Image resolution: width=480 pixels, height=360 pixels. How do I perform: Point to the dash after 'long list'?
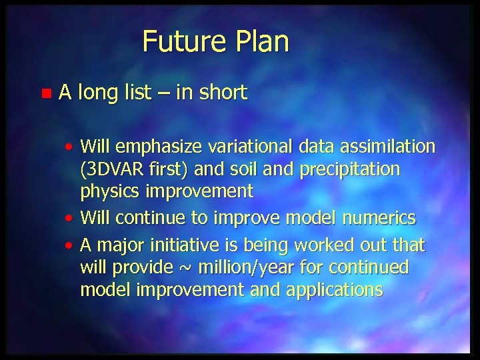(x=162, y=93)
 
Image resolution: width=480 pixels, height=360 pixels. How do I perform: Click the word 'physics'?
(x=108, y=192)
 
